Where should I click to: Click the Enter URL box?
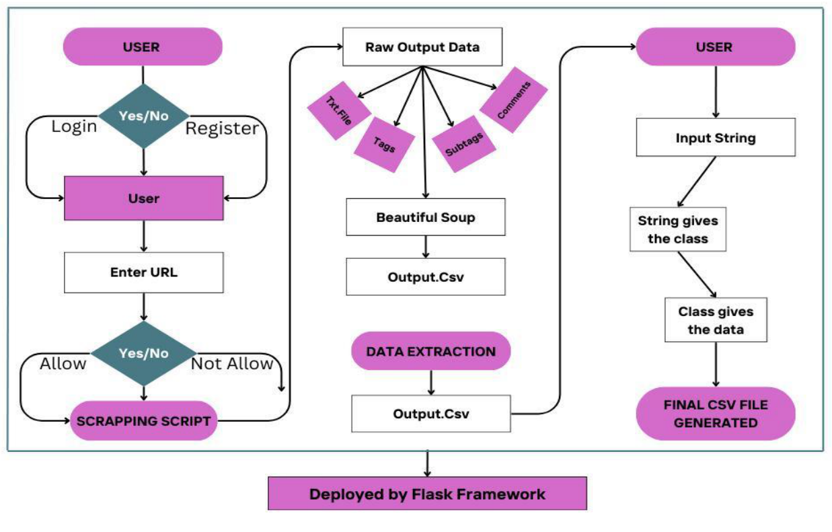pos(143,272)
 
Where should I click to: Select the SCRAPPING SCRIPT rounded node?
pos(143,421)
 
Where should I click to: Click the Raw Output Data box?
pos(422,47)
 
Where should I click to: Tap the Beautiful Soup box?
pos(425,217)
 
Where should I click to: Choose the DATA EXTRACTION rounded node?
pos(430,351)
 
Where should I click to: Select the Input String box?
pos(716,138)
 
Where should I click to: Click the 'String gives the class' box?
pos(677,229)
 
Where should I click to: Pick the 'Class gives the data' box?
pos(716,320)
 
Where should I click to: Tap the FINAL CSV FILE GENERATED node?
pos(716,414)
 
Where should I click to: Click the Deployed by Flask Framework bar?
pos(427,494)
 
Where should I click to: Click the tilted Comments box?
pos(513,100)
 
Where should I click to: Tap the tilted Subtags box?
pos(464,142)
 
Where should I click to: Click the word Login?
pos(74,126)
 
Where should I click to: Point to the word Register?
pos(222,128)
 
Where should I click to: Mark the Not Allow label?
pos(232,364)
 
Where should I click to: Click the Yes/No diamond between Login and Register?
pos(143,116)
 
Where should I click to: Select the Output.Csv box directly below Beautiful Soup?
pos(425,276)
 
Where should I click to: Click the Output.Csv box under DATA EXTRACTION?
pos(430,413)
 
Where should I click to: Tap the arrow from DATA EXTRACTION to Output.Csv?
pos(430,383)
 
